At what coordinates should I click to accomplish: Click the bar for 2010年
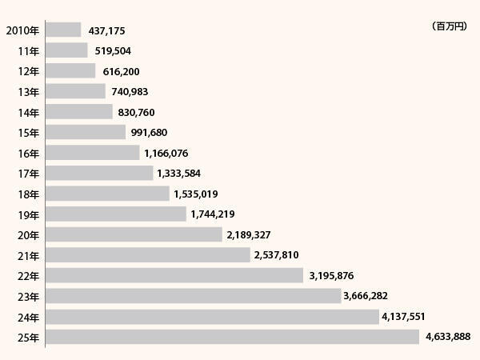63,30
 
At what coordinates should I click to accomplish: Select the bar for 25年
232,337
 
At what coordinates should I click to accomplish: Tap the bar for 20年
134,234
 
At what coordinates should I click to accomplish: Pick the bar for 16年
92,152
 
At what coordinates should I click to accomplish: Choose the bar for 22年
175,275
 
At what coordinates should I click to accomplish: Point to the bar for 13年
75,91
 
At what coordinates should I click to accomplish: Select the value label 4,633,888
448,338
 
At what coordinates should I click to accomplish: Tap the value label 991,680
149,133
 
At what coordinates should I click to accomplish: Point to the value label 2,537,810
279,256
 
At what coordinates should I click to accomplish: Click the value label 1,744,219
212,215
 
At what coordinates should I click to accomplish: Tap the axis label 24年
28,317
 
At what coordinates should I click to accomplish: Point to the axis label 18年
28,194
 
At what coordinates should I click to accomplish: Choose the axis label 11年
28,51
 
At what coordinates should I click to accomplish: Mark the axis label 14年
28,113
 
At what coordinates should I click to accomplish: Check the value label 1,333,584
178,174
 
